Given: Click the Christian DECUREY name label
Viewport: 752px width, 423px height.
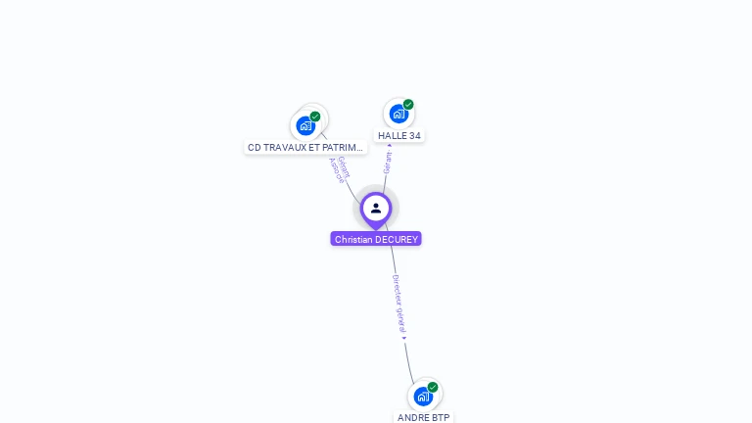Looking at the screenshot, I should pyautogui.click(x=376, y=239).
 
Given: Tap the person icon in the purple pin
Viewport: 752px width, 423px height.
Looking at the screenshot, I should pyautogui.click(x=376, y=208).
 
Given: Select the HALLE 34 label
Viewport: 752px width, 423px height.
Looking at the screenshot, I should pyautogui.click(x=399, y=136).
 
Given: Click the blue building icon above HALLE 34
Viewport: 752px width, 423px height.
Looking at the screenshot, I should pyautogui.click(x=398, y=114).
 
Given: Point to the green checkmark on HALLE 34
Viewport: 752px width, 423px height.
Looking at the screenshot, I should pyautogui.click(x=408, y=105).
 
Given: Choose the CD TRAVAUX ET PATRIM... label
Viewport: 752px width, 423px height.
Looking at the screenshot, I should pyautogui.click(x=305, y=148).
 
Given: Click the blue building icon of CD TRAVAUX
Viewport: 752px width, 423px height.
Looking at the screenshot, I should pyautogui.click(x=305, y=125).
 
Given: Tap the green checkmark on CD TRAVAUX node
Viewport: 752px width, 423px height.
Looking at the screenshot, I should pyautogui.click(x=315, y=117).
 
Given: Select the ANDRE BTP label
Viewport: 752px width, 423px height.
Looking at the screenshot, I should pyautogui.click(x=424, y=417).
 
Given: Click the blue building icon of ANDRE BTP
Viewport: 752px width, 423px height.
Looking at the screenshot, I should pyautogui.click(x=422, y=397).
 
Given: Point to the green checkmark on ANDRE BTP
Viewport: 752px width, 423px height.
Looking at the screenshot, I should pyautogui.click(x=433, y=387).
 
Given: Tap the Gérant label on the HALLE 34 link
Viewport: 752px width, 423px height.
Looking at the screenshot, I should pyautogui.click(x=388, y=163).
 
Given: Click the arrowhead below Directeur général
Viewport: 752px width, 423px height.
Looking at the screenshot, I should pyautogui.click(x=404, y=338).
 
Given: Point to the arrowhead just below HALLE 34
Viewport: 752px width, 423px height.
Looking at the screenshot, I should pyautogui.click(x=390, y=145).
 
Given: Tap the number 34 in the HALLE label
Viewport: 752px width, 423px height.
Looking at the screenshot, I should pyautogui.click(x=415, y=136).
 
